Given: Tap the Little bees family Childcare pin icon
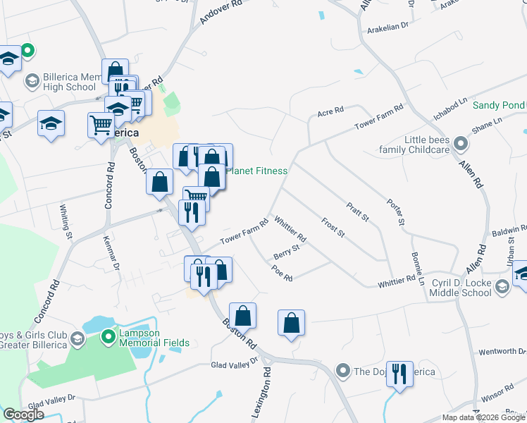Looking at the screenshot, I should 461,144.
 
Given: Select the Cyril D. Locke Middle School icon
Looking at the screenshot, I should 502,286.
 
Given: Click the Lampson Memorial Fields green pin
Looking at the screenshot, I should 108,337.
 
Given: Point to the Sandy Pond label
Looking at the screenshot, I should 498,105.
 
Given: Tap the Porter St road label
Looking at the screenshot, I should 396,212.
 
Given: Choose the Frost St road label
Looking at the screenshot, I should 332,227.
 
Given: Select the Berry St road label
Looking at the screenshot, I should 287,250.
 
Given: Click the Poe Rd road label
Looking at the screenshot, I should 282,274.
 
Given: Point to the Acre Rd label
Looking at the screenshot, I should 330,111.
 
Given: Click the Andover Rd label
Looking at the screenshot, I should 221,12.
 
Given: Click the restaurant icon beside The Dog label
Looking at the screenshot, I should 399,373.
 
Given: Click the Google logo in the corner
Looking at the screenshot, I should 23,415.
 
